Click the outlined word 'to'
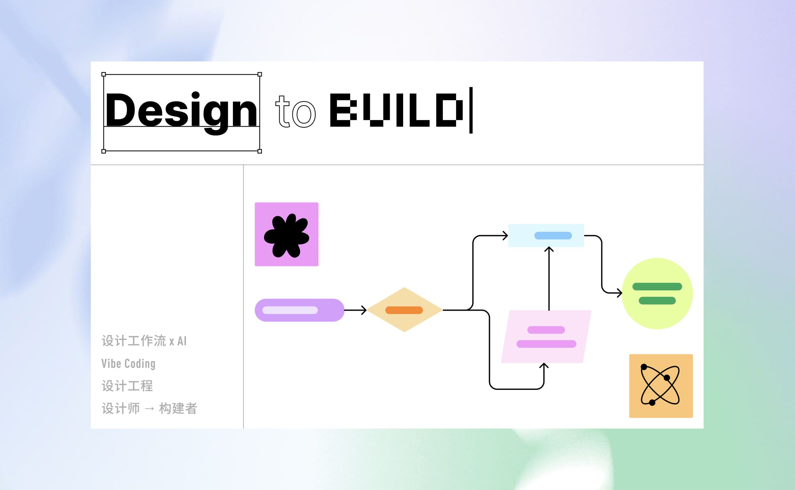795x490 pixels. coord(295,112)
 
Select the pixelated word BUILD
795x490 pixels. coord(396,110)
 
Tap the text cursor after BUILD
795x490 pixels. coord(471,110)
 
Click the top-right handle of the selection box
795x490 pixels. coord(260,74)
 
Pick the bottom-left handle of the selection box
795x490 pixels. coord(104,151)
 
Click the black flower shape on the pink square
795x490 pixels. coord(287,236)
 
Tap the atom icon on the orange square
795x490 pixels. coord(660,385)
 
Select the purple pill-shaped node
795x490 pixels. coord(299,310)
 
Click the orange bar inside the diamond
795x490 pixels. coord(404,310)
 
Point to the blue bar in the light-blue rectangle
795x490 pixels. coord(553,235)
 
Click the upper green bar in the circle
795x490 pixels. coord(657,286)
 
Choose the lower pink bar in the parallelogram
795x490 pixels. coord(546,344)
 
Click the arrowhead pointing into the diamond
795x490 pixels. coord(364,310)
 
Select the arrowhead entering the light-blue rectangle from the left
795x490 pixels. coord(505,236)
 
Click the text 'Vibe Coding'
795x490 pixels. coord(129,364)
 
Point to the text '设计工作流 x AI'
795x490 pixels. coord(144,341)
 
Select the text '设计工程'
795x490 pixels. coord(127,386)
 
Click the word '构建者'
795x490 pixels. coord(178,408)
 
